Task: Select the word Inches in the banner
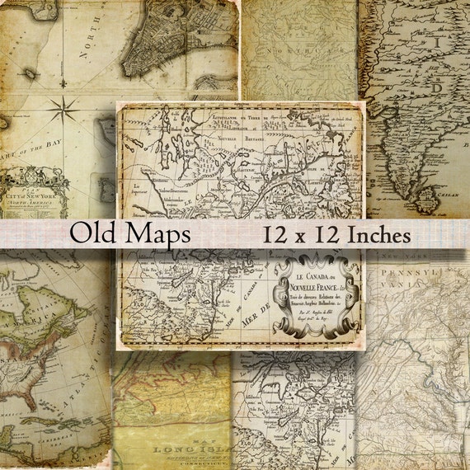point(367,235)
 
